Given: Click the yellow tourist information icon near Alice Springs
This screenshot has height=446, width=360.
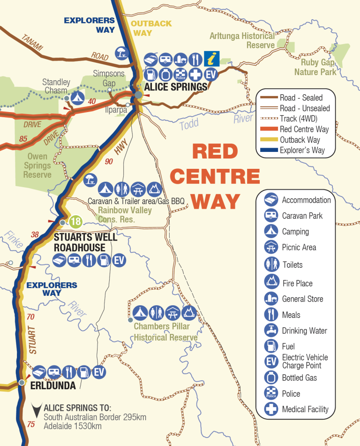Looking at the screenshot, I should pos(212,59).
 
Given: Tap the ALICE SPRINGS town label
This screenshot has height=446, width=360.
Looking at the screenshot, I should pos(175,87).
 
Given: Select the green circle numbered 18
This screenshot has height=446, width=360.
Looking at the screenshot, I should pos(75,221).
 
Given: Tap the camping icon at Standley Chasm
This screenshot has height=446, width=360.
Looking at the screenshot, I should pos(77,98).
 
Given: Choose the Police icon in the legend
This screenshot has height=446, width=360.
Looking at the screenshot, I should pos(271,393).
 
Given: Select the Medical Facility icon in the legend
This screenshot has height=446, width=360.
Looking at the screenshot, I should pos(271,409).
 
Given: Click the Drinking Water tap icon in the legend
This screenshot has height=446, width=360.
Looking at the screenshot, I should pos(271,331).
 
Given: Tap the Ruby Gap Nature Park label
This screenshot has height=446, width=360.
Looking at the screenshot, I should pos(315,67).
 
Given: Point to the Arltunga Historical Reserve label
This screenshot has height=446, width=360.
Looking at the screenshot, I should pos(242,40).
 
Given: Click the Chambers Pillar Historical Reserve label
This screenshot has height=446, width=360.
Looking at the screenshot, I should pos(165,332).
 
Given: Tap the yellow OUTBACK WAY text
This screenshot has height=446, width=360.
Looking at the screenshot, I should pos(151,28).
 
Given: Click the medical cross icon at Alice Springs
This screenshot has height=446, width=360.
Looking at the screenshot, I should pos(195,74).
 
